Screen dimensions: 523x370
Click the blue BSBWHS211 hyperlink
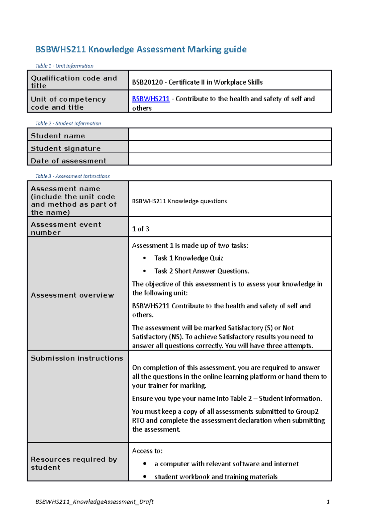click(150, 99)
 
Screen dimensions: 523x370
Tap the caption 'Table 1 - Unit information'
click(64, 66)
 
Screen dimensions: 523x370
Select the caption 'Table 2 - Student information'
click(68, 124)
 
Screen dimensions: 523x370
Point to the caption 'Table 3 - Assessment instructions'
click(72, 176)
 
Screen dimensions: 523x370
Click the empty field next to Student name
click(230, 135)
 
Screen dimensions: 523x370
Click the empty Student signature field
click(230, 147)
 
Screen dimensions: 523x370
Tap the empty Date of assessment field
click(230, 159)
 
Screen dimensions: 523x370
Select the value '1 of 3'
click(141, 229)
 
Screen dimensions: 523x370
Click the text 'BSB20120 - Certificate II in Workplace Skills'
click(197, 82)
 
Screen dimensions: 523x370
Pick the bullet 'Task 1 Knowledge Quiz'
click(188, 258)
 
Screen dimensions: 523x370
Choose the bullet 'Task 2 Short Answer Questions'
click(202, 271)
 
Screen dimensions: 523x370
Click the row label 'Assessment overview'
click(72, 295)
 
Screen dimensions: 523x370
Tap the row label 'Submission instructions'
click(77, 358)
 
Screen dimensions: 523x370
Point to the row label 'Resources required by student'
click(74, 463)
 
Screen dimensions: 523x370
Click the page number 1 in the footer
click(328, 502)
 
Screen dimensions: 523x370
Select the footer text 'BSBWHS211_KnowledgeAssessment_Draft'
click(94, 502)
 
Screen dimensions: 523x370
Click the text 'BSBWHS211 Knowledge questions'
click(179, 201)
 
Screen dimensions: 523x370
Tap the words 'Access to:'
click(147, 451)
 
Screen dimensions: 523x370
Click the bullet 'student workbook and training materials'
click(216, 477)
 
